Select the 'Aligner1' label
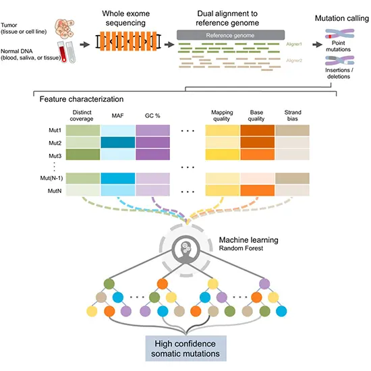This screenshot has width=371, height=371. tap(294, 44)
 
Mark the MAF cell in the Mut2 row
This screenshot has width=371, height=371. tap(117, 143)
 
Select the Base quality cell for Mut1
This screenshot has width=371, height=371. tap(257, 131)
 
